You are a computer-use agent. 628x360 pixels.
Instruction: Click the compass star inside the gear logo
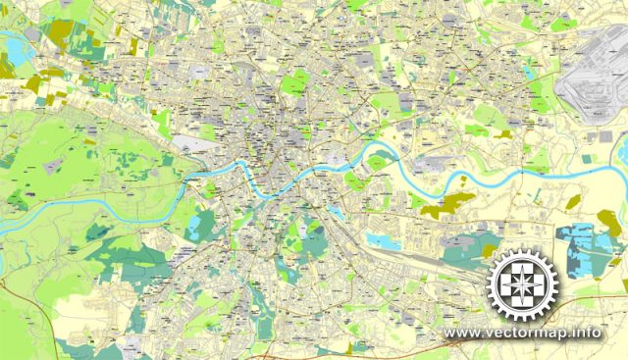point(525,284)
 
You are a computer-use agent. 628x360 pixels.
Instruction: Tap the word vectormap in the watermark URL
point(530,333)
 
